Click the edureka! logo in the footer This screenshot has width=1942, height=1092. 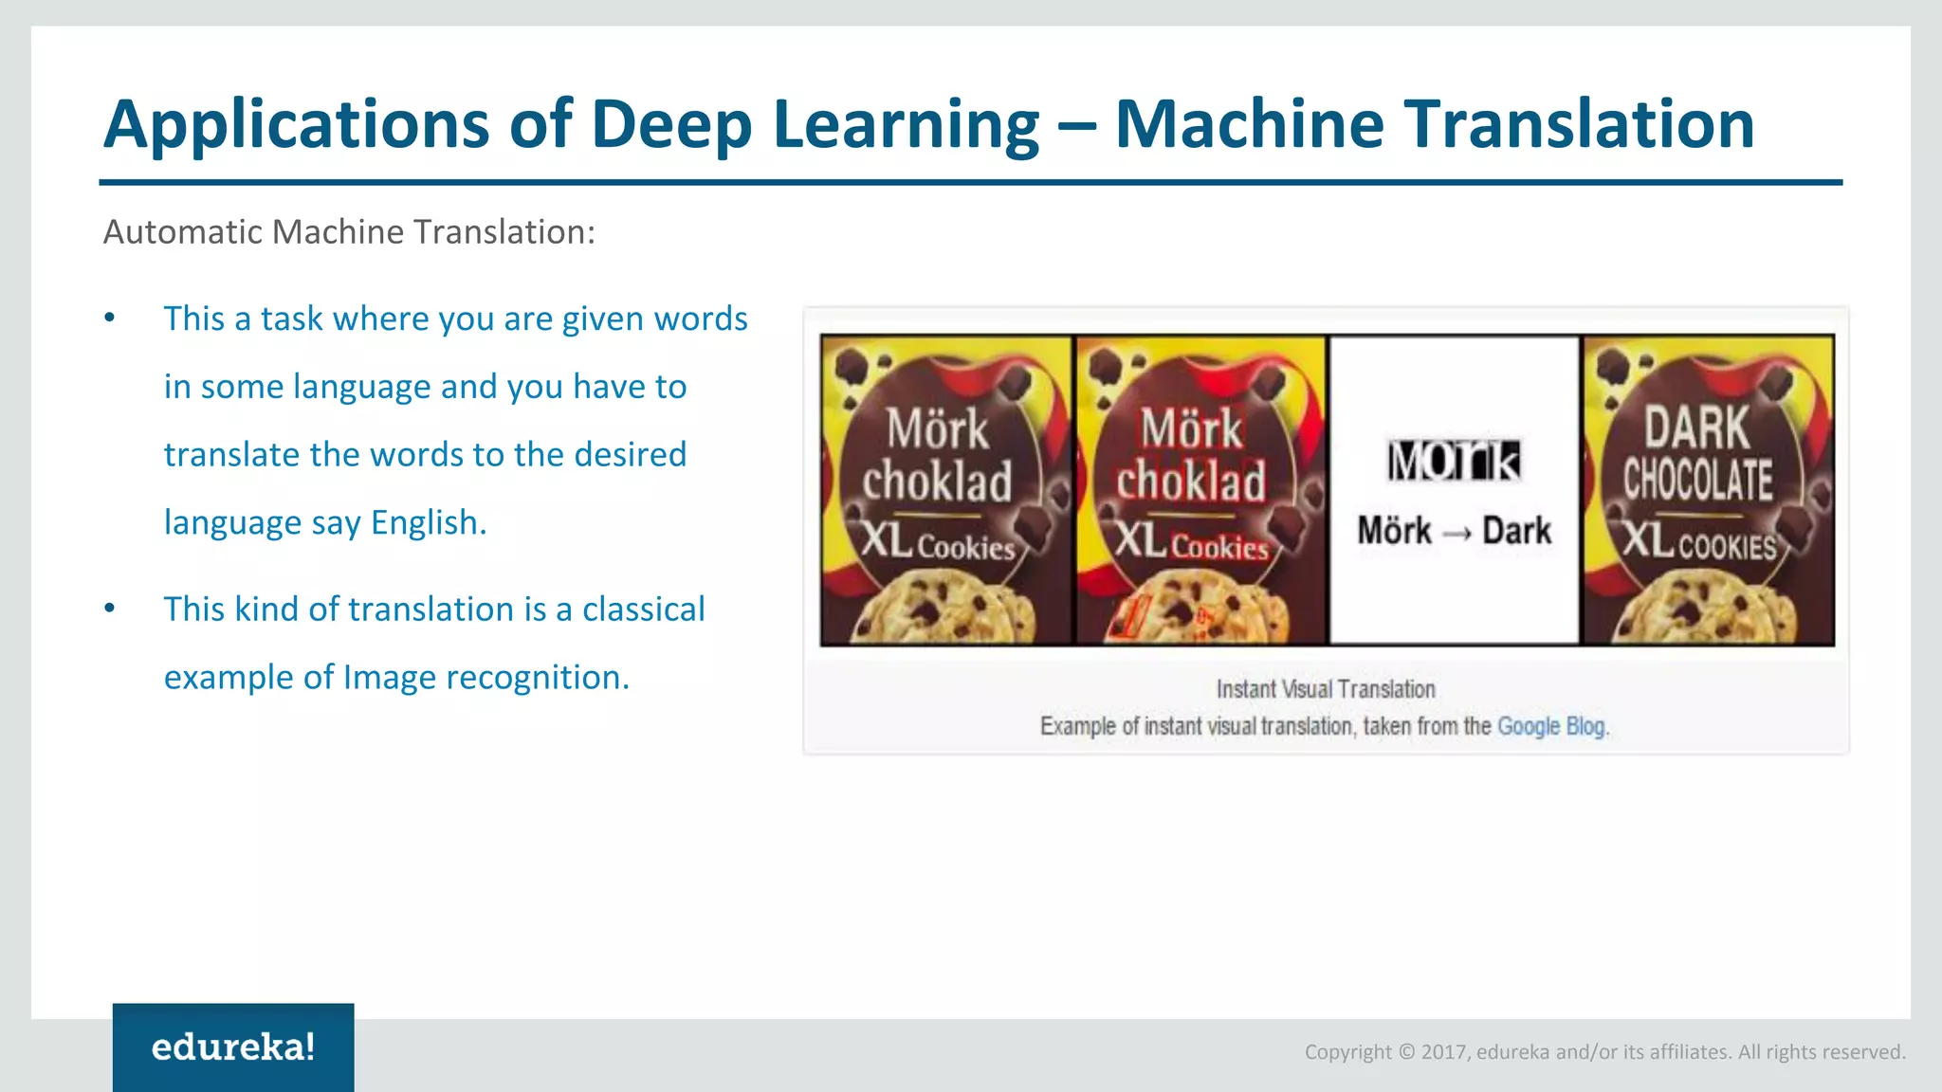pyautogui.click(x=233, y=1047)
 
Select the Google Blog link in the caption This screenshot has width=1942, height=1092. pyautogui.click(x=1551, y=727)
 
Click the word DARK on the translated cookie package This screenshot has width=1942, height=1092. pyautogui.click(x=1696, y=428)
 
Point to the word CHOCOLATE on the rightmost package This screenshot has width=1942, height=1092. pyautogui.click(x=1697, y=480)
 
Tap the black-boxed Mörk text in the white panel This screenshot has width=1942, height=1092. pyautogui.click(x=1454, y=462)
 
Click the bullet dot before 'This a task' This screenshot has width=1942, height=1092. pyautogui.click(x=110, y=318)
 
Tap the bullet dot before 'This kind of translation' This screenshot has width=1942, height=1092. pyautogui.click(x=110, y=609)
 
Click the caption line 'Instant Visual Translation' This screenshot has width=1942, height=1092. pyautogui.click(x=1326, y=689)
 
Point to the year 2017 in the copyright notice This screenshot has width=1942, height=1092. pyautogui.click(x=1444, y=1052)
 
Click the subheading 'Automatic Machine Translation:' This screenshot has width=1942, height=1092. pyautogui.click(x=349, y=232)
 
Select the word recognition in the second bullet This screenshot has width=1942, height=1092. pyautogui.click(x=533, y=678)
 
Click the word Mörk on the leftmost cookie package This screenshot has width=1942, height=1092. pyautogui.click(x=938, y=429)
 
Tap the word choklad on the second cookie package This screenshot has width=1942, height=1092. pyautogui.click(x=1191, y=482)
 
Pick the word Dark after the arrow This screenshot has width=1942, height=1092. pyautogui.click(x=1517, y=531)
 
